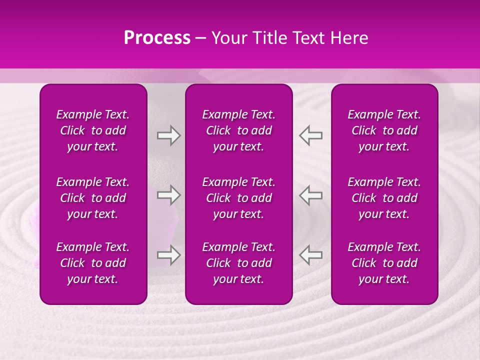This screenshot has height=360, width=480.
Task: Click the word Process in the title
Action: pos(157,38)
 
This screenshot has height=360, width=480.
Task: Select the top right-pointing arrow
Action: pos(168,135)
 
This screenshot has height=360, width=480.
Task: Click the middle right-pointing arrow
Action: pos(168,195)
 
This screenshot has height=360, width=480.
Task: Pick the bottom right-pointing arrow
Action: pos(168,255)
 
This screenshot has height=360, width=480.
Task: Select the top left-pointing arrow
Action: pos(310,135)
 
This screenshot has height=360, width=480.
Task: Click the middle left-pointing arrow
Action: pos(310,195)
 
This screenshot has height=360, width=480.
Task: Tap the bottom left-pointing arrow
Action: pos(310,255)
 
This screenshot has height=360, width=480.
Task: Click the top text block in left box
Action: pos(93,130)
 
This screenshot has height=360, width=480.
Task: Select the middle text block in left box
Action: pos(93,198)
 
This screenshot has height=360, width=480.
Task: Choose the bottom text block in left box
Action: pos(93,263)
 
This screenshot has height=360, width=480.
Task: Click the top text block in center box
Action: pos(238,130)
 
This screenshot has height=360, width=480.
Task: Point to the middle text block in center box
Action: pos(238,198)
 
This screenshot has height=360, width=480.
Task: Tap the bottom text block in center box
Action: pos(238,263)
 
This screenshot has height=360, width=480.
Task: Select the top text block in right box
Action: pos(384,130)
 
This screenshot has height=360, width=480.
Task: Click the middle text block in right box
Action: pos(384,198)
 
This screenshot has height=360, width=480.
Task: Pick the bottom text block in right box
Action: pos(384,263)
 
